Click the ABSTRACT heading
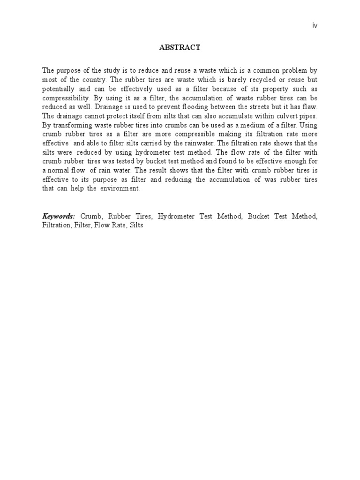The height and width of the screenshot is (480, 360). [180, 47]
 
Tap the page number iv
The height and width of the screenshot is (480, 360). [315, 25]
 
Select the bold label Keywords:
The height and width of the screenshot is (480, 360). [59, 216]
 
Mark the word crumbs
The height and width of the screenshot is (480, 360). [172, 125]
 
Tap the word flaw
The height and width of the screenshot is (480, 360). [309, 107]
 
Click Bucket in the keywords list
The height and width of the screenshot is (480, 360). [258, 217]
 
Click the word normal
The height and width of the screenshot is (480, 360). [60, 171]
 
